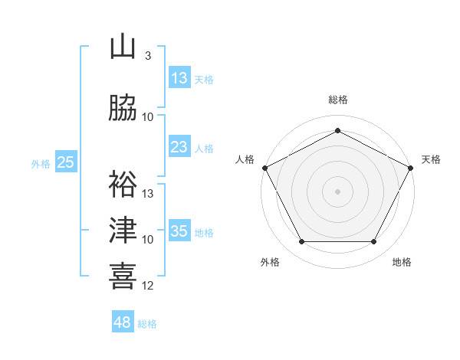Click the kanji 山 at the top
123,47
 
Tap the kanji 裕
123,184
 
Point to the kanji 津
123,230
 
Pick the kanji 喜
123,276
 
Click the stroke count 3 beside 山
147,56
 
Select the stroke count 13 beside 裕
148,194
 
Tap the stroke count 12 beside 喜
148,286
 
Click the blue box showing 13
179,77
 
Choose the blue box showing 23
179,146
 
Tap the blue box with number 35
179,231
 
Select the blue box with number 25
66,162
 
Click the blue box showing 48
123,322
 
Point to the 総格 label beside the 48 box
147,324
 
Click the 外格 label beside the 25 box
41,163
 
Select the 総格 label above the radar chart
337,100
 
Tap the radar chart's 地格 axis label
402,263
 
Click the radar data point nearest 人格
264,167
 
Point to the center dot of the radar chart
337,191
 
